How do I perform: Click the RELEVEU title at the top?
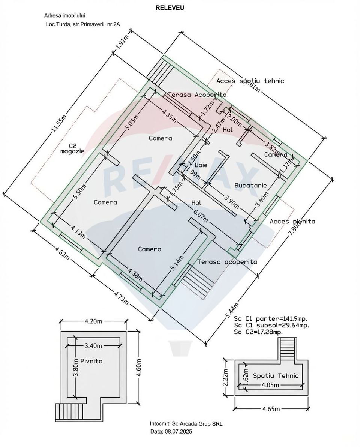click(x=170, y=7)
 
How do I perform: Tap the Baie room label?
click(x=201, y=165)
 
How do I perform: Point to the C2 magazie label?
click(x=72, y=148)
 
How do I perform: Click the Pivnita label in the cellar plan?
click(x=91, y=361)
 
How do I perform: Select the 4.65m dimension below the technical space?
click(x=271, y=409)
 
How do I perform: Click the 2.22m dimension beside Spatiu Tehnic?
click(x=225, y=377)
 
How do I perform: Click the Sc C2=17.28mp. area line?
click(x=258, y=332)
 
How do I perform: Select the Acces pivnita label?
click(x=292, y=222)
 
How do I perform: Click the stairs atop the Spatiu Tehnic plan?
click(x=288, y=348)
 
